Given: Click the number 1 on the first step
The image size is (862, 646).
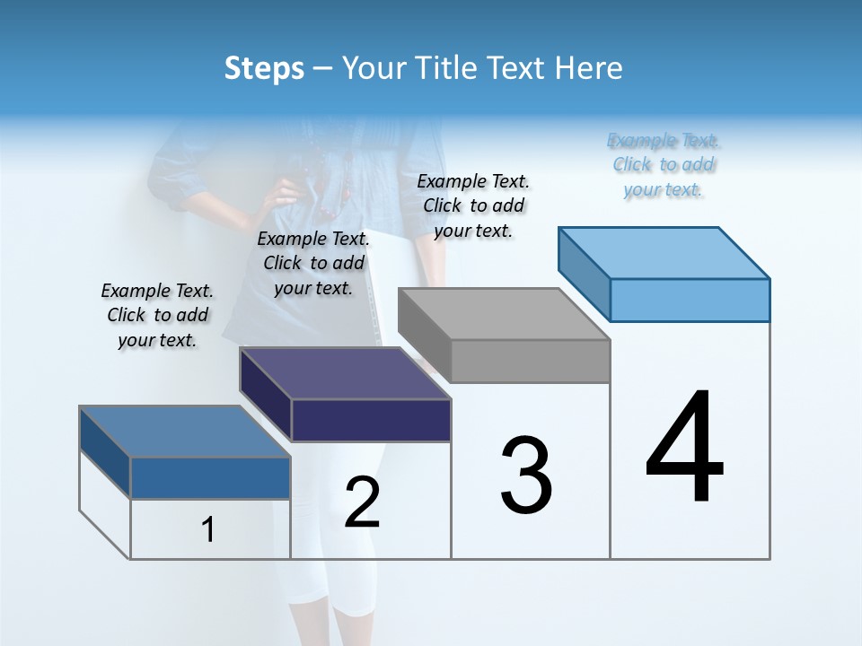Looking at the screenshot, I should point(208,530).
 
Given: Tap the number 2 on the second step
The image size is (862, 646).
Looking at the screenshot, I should point(363,502).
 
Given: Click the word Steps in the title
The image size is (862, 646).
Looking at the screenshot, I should point(264,68).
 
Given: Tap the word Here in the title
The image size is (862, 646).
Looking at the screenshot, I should point(589,68).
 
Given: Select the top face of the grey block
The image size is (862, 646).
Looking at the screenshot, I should point(503,314).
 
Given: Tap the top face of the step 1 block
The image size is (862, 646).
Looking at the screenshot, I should point(184,432).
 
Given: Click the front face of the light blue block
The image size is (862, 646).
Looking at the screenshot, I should point(690,300).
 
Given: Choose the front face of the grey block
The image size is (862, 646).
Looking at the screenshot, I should point(530,362).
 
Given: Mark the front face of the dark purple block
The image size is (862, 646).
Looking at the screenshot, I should point(371,420).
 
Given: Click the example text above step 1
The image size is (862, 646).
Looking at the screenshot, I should point(157,315).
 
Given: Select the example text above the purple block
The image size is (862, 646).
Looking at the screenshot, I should point(313,263).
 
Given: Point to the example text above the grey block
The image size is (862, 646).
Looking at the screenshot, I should point(473,205).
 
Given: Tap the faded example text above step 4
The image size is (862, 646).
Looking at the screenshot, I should point(664,164).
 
